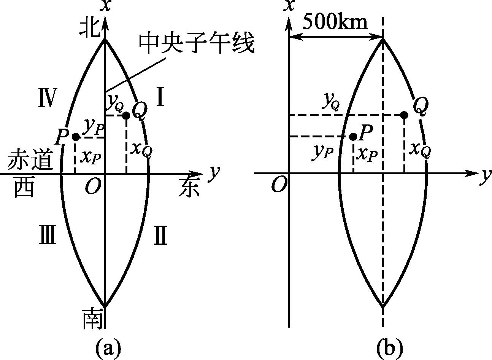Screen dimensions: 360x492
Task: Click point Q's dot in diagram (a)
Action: pos(126,115)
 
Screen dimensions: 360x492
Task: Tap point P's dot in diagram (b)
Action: pos(353,137)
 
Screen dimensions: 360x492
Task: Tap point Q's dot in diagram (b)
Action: pos(404,115)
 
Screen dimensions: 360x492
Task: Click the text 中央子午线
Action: pos(196,44)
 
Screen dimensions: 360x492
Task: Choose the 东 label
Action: pos(189,188)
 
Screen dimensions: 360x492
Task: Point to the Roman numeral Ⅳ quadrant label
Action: pos(48,98)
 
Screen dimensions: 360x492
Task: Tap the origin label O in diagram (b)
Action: pos(279,185)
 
